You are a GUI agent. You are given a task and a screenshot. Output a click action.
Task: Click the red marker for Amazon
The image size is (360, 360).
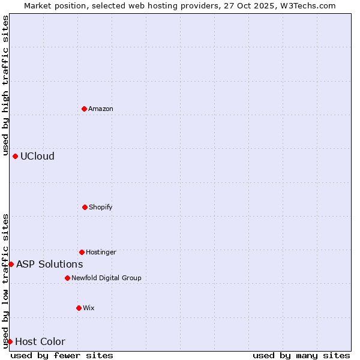[84, 109]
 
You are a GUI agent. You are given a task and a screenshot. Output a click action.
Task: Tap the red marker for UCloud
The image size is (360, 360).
[15, 156]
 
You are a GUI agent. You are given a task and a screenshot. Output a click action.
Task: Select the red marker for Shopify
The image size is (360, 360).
[85, 207]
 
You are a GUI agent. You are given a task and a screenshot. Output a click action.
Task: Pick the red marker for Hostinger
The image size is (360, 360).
[82, 252]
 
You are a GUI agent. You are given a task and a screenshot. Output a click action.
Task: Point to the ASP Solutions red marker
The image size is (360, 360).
[11, 264]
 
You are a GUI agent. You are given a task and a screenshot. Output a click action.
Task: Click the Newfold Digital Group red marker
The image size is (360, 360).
[67, 278]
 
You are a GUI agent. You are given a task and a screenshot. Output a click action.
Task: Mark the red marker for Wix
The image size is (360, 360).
[79, 308]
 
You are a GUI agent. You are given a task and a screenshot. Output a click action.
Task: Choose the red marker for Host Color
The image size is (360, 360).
[10, 341]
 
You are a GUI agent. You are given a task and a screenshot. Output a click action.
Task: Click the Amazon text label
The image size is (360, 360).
[101, 109]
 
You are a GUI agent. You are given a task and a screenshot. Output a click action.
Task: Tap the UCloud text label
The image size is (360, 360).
[37, 156]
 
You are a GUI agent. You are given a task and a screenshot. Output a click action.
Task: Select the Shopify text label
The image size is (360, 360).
[101, 207]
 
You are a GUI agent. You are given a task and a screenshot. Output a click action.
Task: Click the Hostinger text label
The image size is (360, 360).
[101, 252]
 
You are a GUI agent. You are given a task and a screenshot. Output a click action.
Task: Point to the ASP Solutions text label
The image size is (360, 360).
[49, 264]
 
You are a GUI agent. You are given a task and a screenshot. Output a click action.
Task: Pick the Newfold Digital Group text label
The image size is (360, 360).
[106, 278]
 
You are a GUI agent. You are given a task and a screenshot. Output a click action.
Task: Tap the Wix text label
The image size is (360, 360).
[89, 308]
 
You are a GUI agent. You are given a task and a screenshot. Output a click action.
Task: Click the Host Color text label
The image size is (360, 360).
[40, 341]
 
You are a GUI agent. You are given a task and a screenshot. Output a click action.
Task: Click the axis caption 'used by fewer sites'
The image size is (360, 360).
[62, 355]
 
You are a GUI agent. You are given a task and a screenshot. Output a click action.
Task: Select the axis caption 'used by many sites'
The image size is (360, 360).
[301, 355]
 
